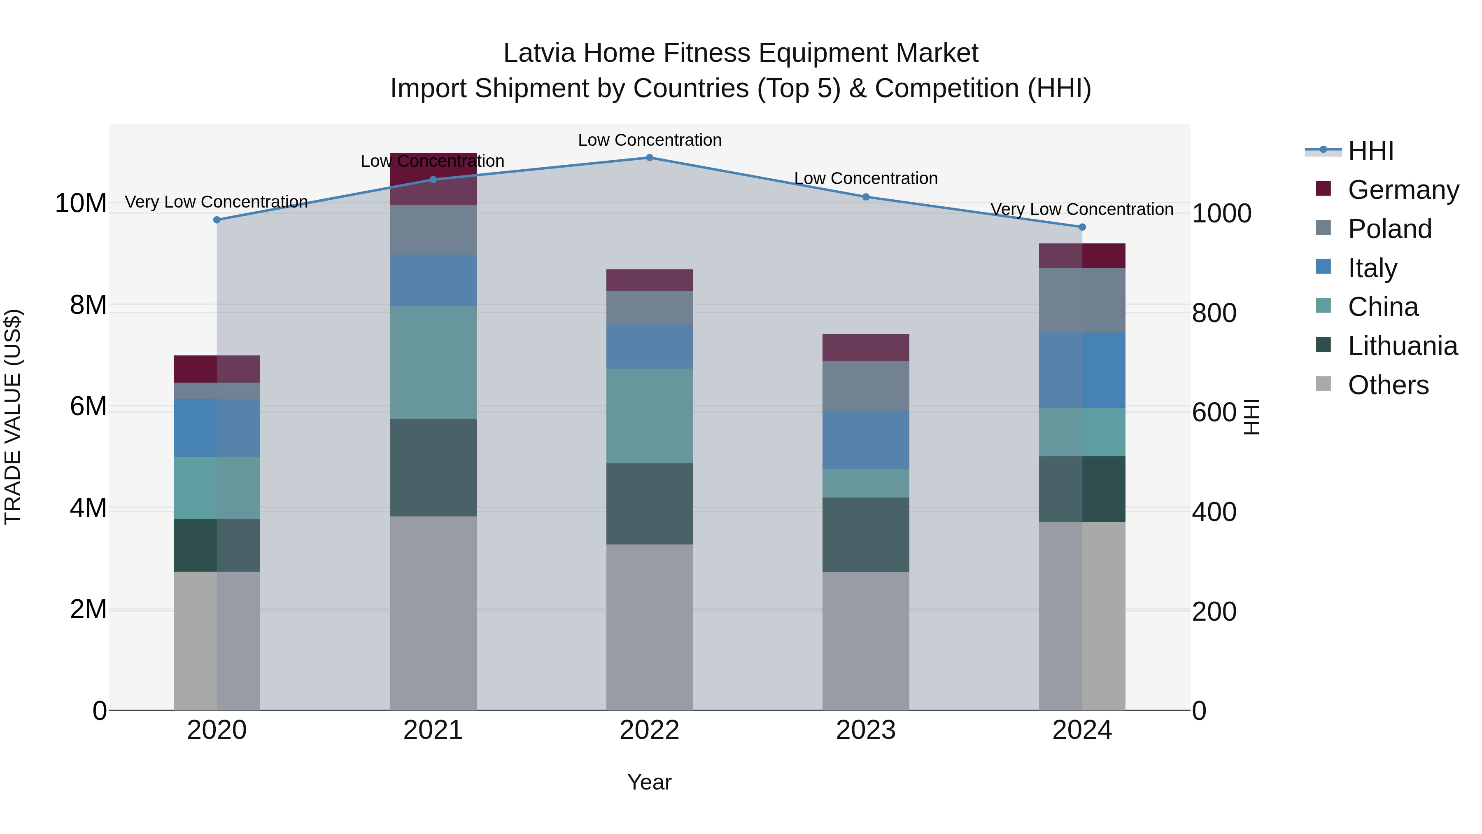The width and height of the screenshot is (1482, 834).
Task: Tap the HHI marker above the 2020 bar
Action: click(217, 220)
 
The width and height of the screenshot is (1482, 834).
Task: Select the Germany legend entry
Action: click(1403, 190)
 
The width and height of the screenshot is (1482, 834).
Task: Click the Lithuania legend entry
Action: click(1402, 346)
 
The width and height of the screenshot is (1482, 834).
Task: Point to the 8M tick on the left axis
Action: click(88, 305)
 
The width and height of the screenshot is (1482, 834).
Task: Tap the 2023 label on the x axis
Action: click(865, 730)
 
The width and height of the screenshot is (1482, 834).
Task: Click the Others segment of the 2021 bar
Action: click(433, 613)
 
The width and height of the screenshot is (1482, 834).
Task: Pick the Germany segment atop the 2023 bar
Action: click(865, 348)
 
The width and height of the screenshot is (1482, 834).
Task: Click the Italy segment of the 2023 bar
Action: click(865, 440)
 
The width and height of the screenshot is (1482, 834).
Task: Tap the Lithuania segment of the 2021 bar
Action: click(433, 467)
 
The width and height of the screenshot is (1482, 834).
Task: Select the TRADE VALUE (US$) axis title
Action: click(13, 417)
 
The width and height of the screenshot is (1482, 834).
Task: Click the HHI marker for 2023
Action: click(865, 197)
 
